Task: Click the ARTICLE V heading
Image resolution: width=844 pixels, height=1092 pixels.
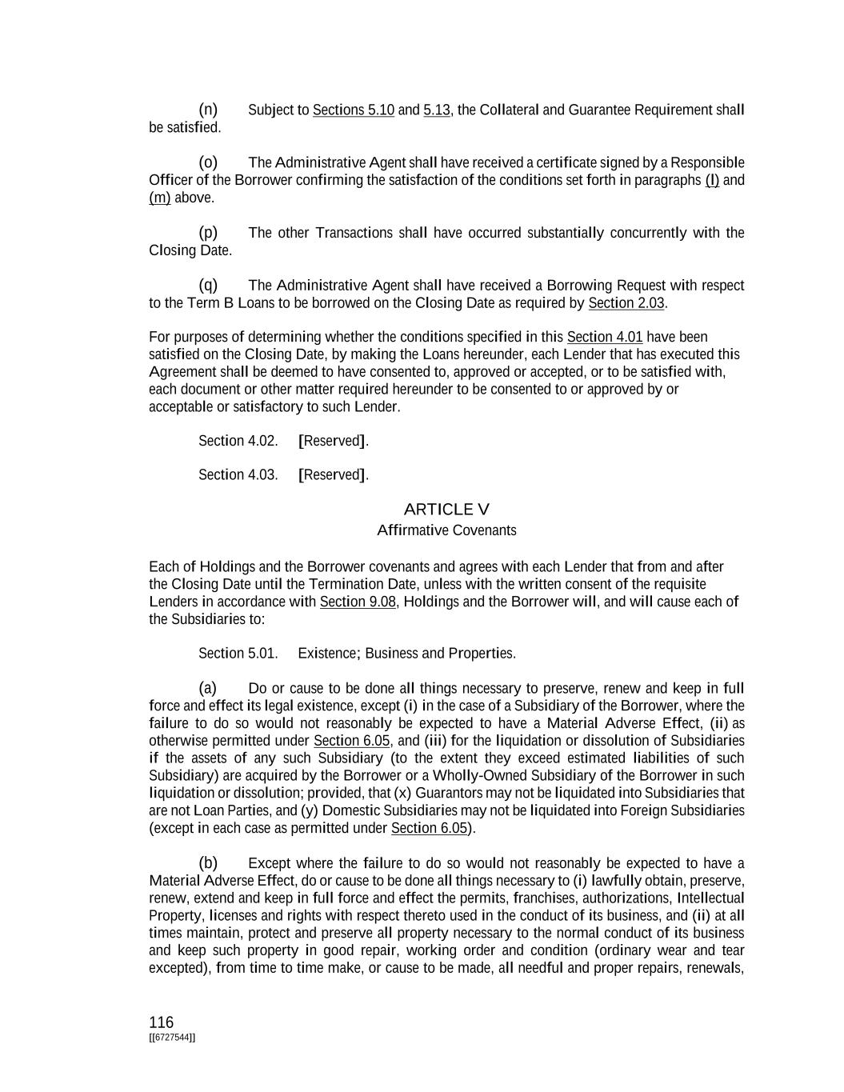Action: tap(446, 510)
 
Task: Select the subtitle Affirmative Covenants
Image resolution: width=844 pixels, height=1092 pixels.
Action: tap(446, 530)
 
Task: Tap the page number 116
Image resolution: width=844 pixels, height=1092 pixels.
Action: tap(161, 1022)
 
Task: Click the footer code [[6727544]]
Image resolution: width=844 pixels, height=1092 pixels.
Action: tap(172, 1038)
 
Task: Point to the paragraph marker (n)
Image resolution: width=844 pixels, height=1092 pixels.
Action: tap(208, 109)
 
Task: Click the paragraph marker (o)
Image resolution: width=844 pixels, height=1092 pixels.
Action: tap(208, 162)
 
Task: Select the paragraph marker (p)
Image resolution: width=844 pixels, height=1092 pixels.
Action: tap(208, 232)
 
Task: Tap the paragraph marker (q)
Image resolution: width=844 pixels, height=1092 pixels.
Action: tap(208, 285)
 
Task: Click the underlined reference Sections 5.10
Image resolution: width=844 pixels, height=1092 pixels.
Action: tap(353, 110)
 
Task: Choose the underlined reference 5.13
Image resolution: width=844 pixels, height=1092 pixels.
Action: tap(436, 110)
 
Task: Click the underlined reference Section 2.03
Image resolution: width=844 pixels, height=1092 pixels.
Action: tap(626, 303)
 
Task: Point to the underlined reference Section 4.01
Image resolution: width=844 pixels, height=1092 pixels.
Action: tap(604, 337)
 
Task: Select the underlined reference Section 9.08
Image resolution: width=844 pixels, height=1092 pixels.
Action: tap(358, 602)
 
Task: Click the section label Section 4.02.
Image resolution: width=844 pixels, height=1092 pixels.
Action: tap(238, 441)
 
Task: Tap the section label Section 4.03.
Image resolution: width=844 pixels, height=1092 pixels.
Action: tap(238, 475)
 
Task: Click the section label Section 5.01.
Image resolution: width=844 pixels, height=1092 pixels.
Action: tap(238, 654)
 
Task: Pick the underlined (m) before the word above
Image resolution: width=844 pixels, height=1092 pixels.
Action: tap(159, 198)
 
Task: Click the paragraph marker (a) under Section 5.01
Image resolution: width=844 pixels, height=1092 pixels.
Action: tap(208, 688)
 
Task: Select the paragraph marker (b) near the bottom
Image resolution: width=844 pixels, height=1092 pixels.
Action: tap(208, 862)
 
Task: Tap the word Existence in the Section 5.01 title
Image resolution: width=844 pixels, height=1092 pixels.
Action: tap(328, 654)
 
